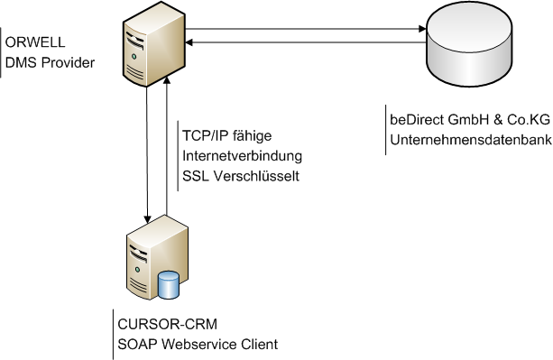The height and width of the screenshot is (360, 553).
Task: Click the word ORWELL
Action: pyautogui.click(x=35, y=42)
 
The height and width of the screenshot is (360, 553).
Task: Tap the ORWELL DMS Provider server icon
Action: pyautogui.click(x=153, y=44)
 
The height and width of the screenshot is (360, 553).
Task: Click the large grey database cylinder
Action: pyautogui.click(x=469, y=44)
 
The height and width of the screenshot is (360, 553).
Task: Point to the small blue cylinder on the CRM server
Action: pyautogui.click(x=169, y=285)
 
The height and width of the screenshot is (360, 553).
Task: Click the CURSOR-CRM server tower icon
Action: pyautogui.click(x=157, y=257)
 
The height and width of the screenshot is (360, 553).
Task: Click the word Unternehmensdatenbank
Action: pyautogui.click(x=471, y=140)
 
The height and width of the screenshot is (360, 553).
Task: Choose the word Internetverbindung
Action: pyautogui.click(x=242, y=156)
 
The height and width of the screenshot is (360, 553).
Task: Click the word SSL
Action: pyautogui.click(x=196, y=176)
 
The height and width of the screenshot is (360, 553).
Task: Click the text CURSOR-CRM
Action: pyautogui.click(x=168, y=324)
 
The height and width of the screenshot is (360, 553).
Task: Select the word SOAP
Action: pyautogui.click(x=137, y=344)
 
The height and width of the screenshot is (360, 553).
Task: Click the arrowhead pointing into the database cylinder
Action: pyautogui.click(x=422, y=29)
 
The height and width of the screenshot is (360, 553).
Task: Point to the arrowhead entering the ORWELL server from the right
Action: pyautogui.click(x=189, y=42)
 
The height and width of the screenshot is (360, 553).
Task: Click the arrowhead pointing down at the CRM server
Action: pyautogui.click(x=147, y=219)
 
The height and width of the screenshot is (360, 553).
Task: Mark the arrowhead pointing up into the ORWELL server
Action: pyautogui.click(x=167, y=80)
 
